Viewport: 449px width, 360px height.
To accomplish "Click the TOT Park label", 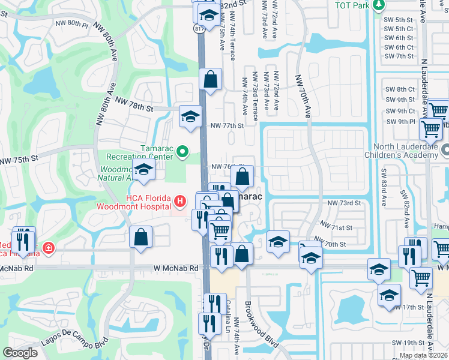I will tap(351, 5).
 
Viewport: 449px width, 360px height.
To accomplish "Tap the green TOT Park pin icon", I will tap(378, 5).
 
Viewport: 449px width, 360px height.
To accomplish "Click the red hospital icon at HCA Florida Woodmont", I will tap(179, 200).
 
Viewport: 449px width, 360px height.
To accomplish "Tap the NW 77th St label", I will tap(228, 126).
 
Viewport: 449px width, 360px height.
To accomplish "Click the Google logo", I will tap(20, 353).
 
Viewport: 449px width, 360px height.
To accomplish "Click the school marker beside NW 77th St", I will tap(190, 116).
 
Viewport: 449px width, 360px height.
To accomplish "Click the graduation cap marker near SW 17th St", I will tap(390, 295).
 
